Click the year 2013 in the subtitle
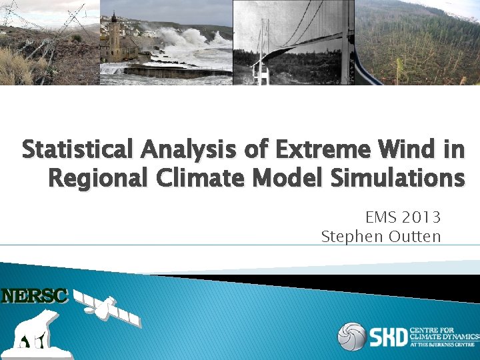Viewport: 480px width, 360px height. pos(421,217)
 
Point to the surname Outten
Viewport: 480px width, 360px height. pos(415,237)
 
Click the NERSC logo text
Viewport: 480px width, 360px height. pos(35,296)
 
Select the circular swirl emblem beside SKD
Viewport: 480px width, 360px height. pos(351,336)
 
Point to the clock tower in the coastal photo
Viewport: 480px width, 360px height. pos(114,37)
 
